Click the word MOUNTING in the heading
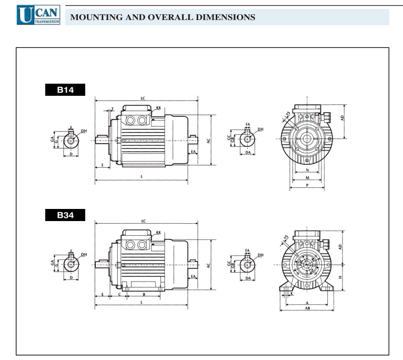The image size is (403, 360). (94, 17)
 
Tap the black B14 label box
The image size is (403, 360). (65, 90)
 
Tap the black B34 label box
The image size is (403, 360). (65, 215)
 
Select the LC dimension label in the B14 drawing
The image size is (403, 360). (143, 98)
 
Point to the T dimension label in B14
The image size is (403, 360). (112, 108)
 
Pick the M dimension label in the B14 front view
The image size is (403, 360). (306, 178)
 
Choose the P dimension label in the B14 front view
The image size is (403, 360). (306, 185)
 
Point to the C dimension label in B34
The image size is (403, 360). (119, 295)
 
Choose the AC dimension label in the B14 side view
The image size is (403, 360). (208, 142)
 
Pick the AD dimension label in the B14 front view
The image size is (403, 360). (342, 118)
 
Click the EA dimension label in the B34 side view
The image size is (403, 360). (193, 276)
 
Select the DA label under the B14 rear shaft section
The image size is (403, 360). (247, 152)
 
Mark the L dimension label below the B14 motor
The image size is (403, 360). (142, 177)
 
